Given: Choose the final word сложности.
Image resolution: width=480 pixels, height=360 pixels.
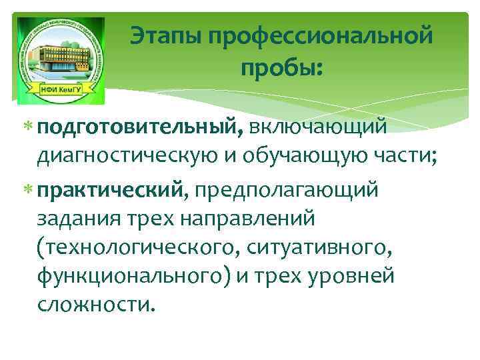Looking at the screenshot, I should (96, 305).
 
